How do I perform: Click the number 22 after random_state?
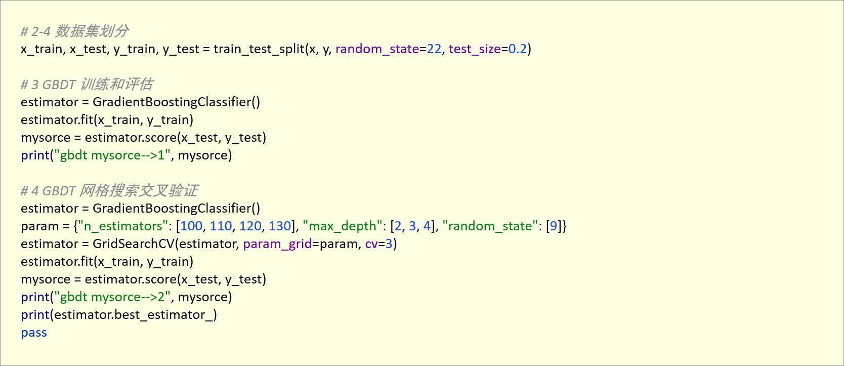[434, 49]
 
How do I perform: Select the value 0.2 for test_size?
[518, 49]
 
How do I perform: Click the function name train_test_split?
[259, 50]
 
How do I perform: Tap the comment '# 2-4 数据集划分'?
[74, 31]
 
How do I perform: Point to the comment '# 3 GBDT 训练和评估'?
[87, 85]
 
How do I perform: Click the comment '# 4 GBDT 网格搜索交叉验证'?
[109, 191]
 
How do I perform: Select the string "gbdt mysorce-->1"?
[112, 155]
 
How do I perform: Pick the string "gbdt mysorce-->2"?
[112, 297]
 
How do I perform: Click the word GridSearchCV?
[134, 244]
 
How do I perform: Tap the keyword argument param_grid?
[277, 244]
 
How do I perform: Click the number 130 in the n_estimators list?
[280, 226]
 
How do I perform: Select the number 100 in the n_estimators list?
[191, 226]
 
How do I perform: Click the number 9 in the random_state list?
[554, 226]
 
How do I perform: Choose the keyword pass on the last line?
[34, 333]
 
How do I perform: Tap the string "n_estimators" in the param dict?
[122, 226]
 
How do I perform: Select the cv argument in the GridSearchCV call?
[371, 244]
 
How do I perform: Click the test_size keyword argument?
[475, 50]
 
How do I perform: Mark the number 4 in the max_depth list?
[427, 226]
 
